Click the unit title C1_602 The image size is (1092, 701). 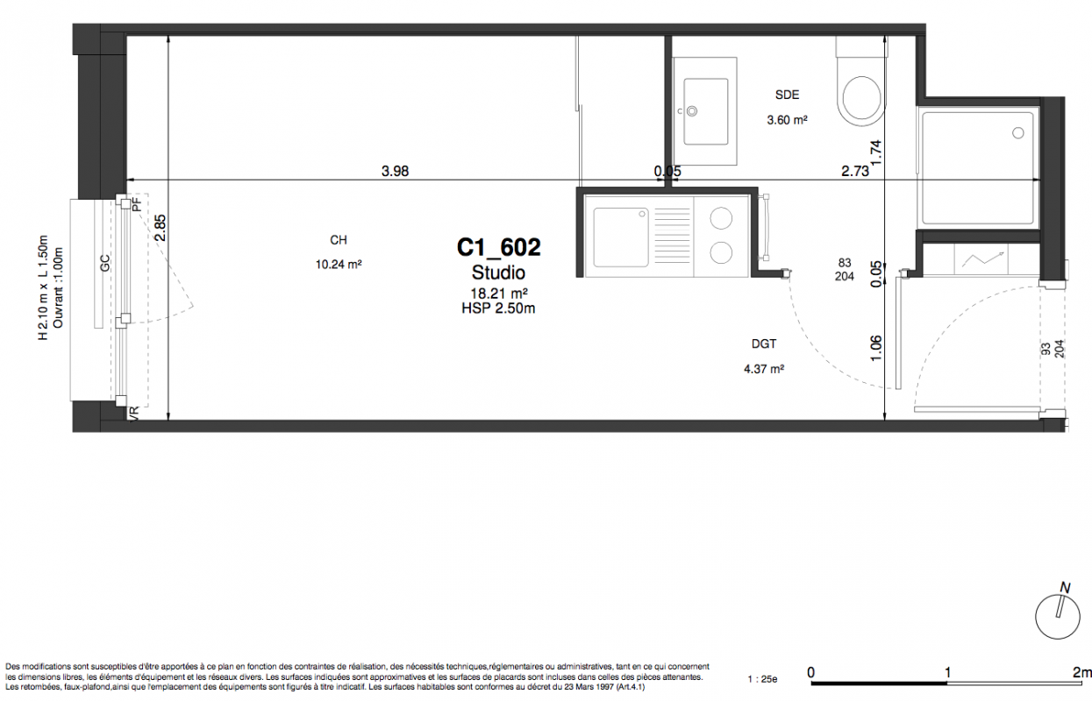pos(498,247)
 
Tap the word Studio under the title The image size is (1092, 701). pos(498,273)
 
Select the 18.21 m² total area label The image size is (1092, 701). pos(498,294)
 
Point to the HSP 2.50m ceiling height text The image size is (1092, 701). pos(498,308)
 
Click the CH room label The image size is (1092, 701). pos(339,240)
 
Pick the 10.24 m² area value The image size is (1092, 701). pos(339,265)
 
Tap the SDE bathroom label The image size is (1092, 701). pos(787,95)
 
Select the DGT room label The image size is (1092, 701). pos(763,343)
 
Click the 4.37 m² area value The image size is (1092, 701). pos(763,369)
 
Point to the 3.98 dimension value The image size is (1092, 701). pos(395,171)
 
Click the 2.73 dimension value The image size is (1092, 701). pos(855,171)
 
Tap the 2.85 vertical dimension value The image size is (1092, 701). pos(161,228)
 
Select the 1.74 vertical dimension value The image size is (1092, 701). pos(876,153)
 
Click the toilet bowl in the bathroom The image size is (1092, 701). pos(861,97)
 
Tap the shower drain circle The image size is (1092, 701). pos(1018,133)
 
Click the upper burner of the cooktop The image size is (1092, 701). pos(720,218)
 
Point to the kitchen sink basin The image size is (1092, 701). pos(621,237)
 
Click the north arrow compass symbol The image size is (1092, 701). pos(1058,616)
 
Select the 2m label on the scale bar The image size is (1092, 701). pos(1081,673)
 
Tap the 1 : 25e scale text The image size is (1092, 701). pos(762,679)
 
